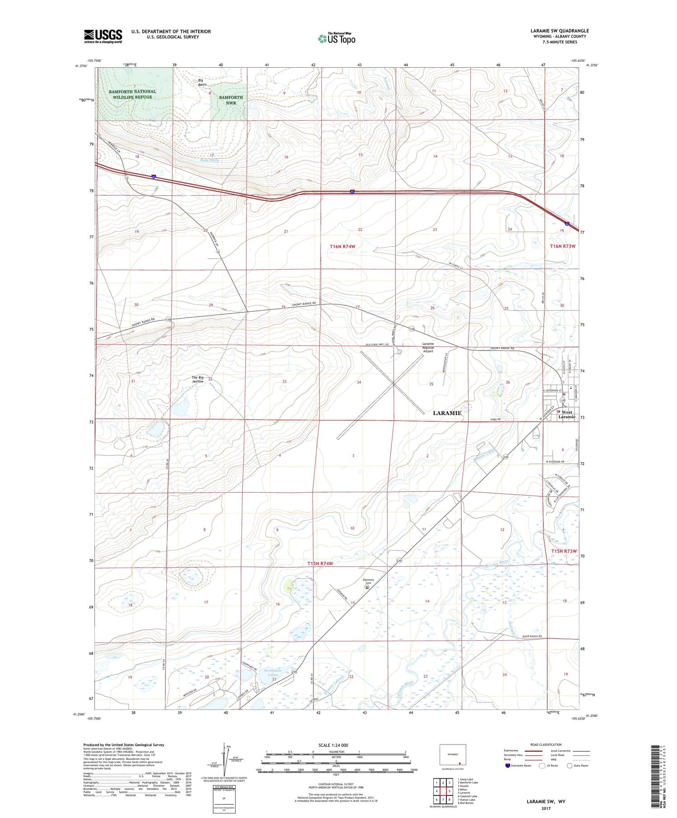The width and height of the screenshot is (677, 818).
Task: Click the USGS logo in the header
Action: (103, 36)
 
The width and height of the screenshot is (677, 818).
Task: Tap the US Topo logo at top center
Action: (336, 38)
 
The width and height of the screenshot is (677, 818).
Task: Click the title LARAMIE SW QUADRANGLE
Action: (559, 31)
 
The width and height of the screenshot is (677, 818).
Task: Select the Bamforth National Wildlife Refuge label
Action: (132, 94)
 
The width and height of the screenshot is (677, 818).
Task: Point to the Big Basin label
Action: (202, 83)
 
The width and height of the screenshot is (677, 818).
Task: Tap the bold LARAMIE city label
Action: (447, 413)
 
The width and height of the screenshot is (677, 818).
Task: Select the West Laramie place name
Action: (567, 414)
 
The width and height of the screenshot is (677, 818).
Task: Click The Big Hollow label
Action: (198, 379)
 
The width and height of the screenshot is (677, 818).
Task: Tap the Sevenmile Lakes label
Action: (273, 673)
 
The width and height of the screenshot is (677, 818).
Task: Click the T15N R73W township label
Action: (564, 551)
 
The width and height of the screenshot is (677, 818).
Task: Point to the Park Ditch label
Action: (209, 160)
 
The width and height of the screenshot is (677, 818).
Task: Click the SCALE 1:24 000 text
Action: (333, 745)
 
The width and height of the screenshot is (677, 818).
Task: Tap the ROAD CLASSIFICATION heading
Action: (546, 744)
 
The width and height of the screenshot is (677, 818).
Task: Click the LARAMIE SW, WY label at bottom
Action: (546, 801)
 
